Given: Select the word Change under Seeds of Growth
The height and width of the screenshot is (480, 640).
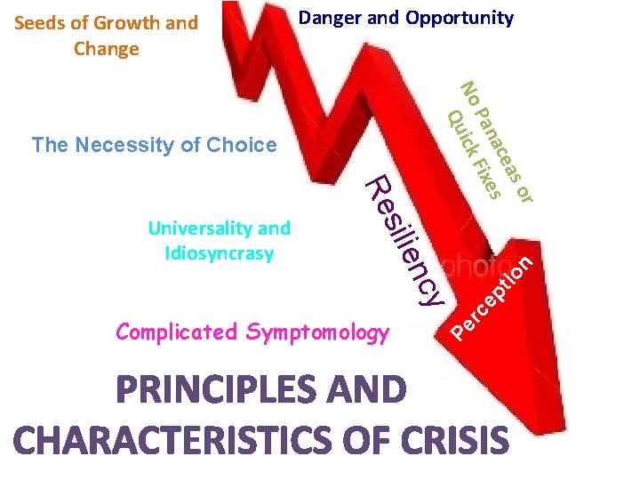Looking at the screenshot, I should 107,49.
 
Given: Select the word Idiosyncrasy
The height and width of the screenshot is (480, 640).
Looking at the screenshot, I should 219,253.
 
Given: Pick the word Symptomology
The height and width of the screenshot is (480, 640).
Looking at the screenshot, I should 317,333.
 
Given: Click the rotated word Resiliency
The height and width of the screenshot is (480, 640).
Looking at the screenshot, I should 404,240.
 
